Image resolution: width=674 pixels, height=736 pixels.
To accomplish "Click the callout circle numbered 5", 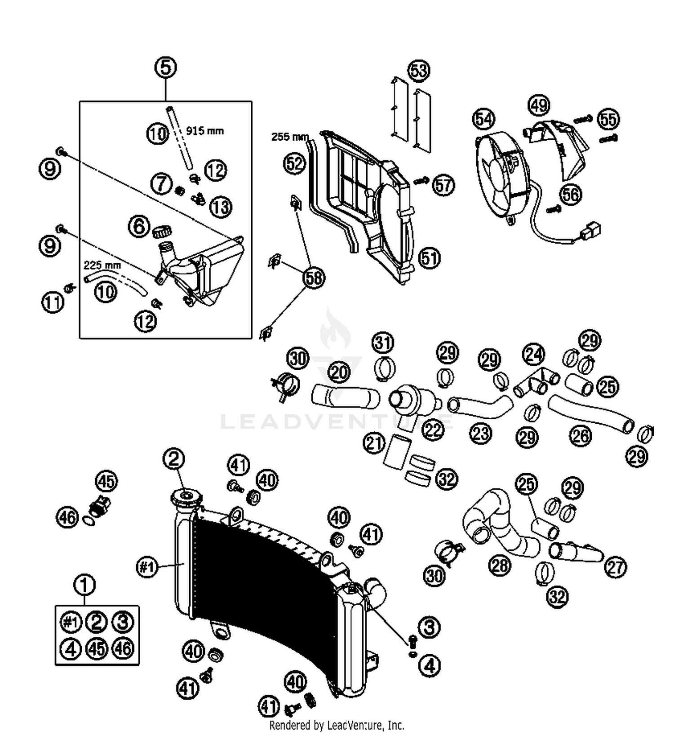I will point(165,68).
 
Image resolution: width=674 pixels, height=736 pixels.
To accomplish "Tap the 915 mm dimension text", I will point(204,131).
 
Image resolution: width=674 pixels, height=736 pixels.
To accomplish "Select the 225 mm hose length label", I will point(102,265).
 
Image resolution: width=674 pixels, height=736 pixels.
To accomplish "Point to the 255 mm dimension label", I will point(290,137).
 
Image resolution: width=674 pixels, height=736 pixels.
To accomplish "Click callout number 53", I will point(419,71).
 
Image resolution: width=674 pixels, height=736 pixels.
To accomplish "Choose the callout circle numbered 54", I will point(483,119).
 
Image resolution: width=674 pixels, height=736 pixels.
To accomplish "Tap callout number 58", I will point(314,278).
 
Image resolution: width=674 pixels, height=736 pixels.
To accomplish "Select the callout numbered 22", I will point(433,430).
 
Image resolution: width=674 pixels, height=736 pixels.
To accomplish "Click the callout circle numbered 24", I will point(533,355).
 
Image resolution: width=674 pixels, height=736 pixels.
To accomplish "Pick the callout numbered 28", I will point(500,565).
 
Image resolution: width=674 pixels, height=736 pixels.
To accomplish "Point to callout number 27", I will point(615,567).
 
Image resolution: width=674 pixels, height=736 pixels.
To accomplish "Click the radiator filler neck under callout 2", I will point(186,498).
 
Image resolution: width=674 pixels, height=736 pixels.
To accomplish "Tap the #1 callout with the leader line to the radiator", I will point(147,567).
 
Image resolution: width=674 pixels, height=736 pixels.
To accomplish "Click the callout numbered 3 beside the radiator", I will point(429,626).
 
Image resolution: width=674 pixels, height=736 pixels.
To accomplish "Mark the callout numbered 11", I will point(53,302).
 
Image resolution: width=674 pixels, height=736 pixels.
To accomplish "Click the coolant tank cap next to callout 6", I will point(162,232).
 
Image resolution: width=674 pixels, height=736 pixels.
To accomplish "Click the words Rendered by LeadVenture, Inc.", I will point(337,725).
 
